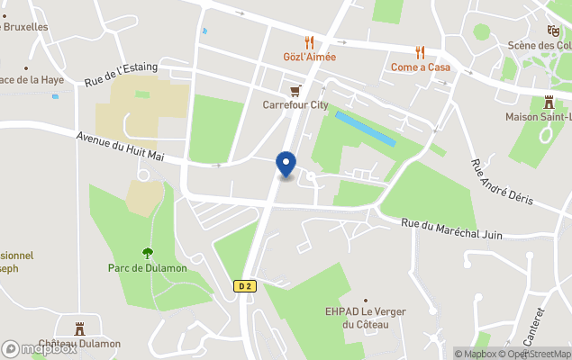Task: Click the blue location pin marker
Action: pos(286,164)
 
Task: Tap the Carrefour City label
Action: pos(295,104)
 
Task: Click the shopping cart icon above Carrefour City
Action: pos(295,90)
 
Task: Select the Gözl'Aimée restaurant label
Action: pos(309,57)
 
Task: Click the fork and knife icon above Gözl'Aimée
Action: pos(309,41)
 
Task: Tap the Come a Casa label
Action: pos(419,67)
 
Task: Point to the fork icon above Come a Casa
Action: pos(419,52)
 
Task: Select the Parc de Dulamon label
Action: pos(147,268)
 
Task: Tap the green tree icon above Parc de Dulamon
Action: pos(148,253)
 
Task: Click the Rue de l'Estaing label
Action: pos(122,73)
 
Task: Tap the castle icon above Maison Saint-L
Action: pos(549,102)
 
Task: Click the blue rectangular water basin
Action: pos(365,129)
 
